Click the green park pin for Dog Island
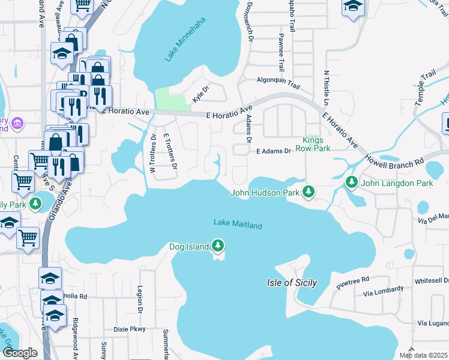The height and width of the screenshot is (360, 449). pyautogui.click(x=218, y=246)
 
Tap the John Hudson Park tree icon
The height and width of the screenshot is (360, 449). pyautogui.click(x=309, y=192)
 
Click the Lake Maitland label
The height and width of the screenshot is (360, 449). pyautogui.click(x=238, y=225)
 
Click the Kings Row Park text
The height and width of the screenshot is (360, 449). pyautogui.click(x=317, y=143)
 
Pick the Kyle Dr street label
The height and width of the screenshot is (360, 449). pyautogui.click(x=200, y=93)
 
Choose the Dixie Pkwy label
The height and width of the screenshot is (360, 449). pyautogui.click(x=130, y=329)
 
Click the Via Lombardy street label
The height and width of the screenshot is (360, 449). pyautogui.click(x=384, y=295)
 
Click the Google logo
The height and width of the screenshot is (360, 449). pyautogui.click(x=19, y=352)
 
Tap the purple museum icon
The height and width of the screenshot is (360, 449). pyautogui.click(x=18, y=124)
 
